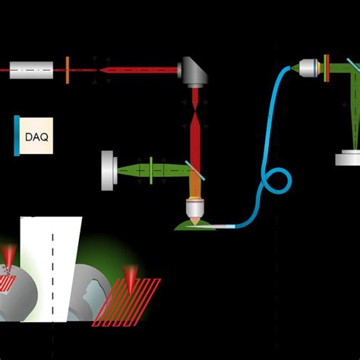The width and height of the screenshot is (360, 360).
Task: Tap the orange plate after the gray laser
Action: (x=68, y=70)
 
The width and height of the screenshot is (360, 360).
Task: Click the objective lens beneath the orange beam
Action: (x=194, y=209)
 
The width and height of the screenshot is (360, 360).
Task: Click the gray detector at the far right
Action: (x=348, y=157)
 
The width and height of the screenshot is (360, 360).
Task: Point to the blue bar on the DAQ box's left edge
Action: (x=16, y=136)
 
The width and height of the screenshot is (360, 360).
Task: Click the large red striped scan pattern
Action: (x=127, y=302)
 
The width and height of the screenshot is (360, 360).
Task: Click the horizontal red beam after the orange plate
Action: (x=137, y=70)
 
